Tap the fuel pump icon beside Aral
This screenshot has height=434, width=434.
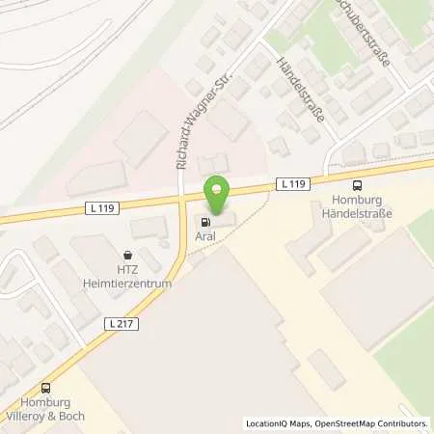(x=203, y=221)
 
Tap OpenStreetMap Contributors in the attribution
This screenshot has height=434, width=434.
(x=374, y=423)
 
